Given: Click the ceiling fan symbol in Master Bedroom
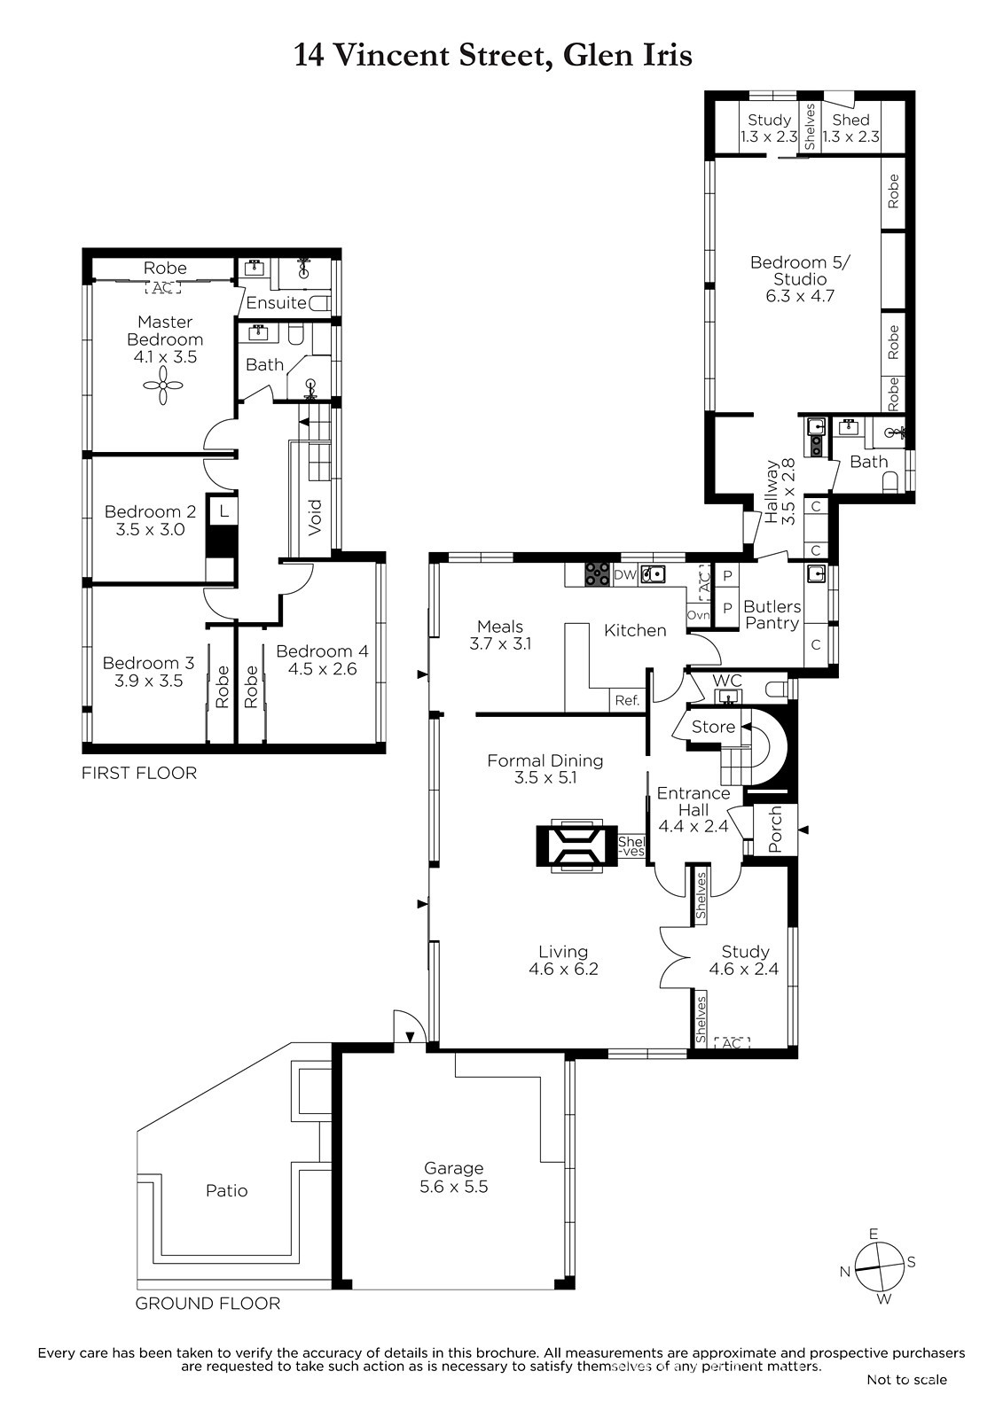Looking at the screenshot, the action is coord(163,385).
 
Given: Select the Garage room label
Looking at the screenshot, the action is coord(454,1168).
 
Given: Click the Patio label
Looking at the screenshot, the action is coord(226,1191).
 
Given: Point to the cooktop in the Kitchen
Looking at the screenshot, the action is coord(598,575).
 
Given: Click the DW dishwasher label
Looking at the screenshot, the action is coord(624,575).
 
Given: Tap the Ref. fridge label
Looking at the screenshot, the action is coord(627,700).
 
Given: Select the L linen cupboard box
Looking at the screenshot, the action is coord(223,510).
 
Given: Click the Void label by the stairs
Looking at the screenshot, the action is coord(315,518).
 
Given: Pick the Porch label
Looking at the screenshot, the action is coord(775,828).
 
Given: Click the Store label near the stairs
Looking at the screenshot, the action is coord(713,727).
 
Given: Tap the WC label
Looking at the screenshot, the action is coord(727,681).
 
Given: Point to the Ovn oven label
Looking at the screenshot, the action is coord(698,615).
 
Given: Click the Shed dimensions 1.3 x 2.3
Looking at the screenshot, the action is coord(851,136).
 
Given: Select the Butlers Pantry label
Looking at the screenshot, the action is coord(772,615).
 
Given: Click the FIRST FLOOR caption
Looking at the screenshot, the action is coord(139,773).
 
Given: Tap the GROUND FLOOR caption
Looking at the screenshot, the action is coord(208,1304).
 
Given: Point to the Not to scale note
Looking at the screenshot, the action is coord(906,1379).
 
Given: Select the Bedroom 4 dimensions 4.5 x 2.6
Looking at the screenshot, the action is coord(322,668).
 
